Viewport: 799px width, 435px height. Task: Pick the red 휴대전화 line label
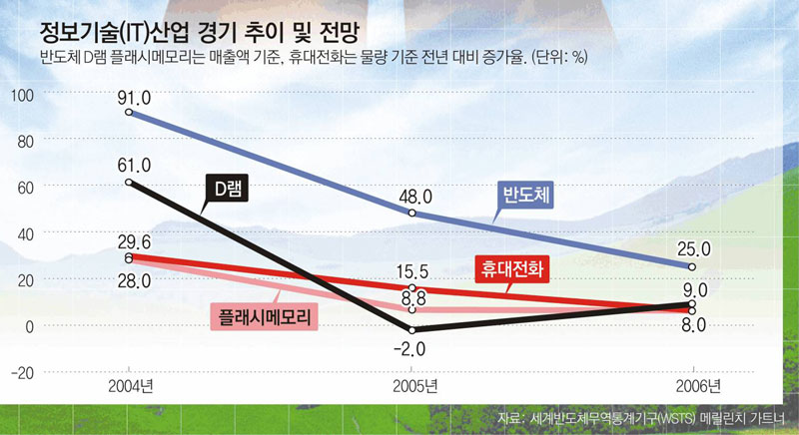tap(510, 267)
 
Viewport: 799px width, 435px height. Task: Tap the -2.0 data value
tap(410, 348)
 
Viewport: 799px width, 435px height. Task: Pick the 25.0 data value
tap(691, 248)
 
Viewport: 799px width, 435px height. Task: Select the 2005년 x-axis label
tap(410, 384)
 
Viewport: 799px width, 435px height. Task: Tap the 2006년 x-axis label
tap(691, 384)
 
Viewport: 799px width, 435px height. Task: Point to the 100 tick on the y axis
tap(21, 95)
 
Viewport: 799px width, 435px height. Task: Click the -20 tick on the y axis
tap(21, 372)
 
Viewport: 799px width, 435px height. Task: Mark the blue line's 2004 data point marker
tap(129, 113)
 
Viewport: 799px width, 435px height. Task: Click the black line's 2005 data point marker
tap(410, 330)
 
